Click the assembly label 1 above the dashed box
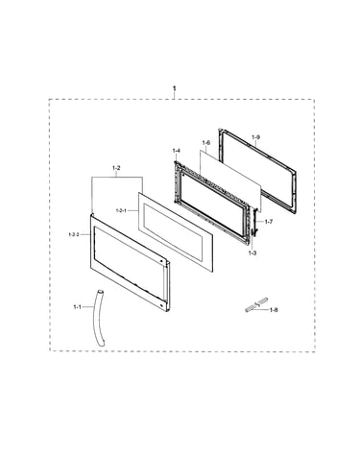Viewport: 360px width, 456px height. (x=175, y=88)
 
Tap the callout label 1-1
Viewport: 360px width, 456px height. (x=77, y=307)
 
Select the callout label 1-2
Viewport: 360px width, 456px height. (x=116, y=168)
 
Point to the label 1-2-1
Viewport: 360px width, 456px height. (x=121, y=210)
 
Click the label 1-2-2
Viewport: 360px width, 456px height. (x=74, y=234)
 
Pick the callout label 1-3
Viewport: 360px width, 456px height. (x=252, y=253)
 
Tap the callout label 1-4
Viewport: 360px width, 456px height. (x=177, y=151)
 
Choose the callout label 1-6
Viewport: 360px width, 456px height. (x=206, y=142)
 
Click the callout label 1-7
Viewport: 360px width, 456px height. (x=269, y=222)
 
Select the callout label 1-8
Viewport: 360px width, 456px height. (x=274, y=310)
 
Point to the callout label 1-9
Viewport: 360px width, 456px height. (x=255, y=137)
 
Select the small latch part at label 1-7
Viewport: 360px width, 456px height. (x=255, y=222)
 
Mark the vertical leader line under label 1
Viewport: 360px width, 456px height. (x=175, y=95)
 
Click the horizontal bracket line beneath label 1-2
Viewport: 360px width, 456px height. (x=117, y=177)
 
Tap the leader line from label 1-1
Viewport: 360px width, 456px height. (x=87, y=307)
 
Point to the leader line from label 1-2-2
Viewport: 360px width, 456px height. (x=84, y=234)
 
